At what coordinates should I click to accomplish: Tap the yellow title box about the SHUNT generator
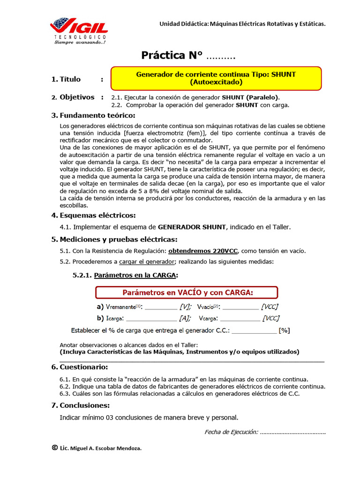[x=216, y=78]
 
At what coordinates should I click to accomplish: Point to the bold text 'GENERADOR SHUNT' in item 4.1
[x=192, y=227]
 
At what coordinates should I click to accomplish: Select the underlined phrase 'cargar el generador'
[x=146, y=261]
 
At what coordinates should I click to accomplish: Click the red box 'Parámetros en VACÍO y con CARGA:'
[x=187, y=292]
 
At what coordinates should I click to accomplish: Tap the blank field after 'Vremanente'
[x=161, y=307]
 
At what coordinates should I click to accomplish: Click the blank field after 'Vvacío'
[x=240, y=307]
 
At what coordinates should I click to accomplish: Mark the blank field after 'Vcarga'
[x=239, y=319]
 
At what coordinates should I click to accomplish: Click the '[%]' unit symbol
[x=284, y=330]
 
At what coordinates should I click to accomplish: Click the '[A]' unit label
[x=184, y=319]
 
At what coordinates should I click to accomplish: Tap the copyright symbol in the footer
[x=55, y=448]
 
